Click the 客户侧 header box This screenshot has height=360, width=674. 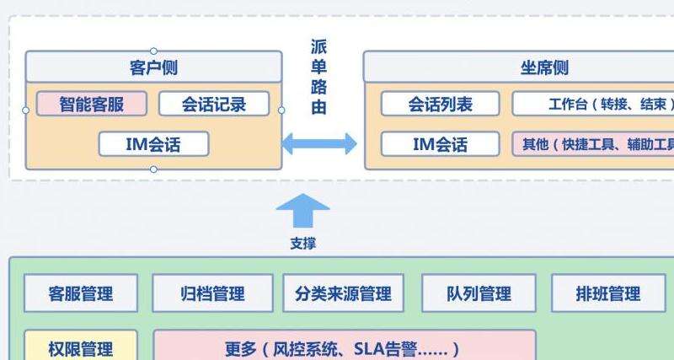pos(153,67)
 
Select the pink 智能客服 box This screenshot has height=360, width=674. pos(92,104)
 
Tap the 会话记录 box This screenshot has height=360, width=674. pos(214,104)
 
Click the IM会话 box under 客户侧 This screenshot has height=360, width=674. pos(153,143)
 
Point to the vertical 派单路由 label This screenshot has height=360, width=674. pos(318,77)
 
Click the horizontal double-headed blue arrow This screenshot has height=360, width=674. pos(318,143)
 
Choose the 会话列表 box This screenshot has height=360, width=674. pos(441,104)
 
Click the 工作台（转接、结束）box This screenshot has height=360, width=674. pos(593,104)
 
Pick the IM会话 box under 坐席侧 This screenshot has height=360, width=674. pos(441,143)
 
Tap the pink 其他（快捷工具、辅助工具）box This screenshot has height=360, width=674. pos(593,143)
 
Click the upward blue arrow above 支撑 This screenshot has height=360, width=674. pos(303,211)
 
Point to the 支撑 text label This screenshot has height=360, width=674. pos(303,244)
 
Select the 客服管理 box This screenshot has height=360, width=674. pos(81,293)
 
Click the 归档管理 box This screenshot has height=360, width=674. pos(212,293)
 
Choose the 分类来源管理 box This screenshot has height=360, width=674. pos(343,293)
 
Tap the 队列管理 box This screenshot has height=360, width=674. pos(479,293)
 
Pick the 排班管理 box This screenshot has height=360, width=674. pos(608,293)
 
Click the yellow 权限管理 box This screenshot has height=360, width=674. pos(81,347)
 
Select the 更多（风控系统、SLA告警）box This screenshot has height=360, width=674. pos(344,347)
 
